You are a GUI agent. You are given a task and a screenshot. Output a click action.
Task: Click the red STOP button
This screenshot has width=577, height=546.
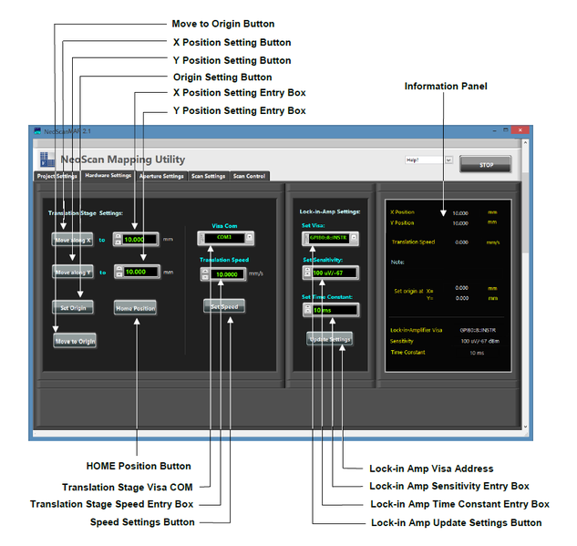click(x=510, y=164)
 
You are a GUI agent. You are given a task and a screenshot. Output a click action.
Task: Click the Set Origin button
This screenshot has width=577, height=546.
click(x=72, y=307)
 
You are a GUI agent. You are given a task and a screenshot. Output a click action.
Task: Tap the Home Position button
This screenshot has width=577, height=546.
click(x=135, y=308)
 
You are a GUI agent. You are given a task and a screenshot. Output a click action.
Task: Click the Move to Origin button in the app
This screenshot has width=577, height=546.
click(x=75, y=341)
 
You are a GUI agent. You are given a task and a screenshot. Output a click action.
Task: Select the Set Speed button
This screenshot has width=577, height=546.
click(x=224, y=306)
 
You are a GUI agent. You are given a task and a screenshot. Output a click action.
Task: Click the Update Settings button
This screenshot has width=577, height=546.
click(x=329, y=339)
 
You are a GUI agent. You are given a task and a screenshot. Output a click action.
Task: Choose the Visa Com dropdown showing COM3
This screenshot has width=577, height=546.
click(x=225, y=237)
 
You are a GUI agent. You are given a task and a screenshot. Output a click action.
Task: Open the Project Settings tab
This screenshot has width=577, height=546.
click(x=57, y=176)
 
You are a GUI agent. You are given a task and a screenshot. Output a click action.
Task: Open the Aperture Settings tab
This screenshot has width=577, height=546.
click(x=161, y=176)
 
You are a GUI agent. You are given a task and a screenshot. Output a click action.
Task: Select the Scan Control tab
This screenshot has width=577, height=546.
click(x=249, y=176)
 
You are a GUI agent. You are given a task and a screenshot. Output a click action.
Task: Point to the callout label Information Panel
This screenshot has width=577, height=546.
click(x=446, y=87)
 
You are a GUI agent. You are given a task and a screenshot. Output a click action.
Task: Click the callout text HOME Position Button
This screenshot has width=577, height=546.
click(x=139, y=467)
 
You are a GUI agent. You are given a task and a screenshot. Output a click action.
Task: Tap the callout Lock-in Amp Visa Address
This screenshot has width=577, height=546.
click(x=431, y=469)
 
